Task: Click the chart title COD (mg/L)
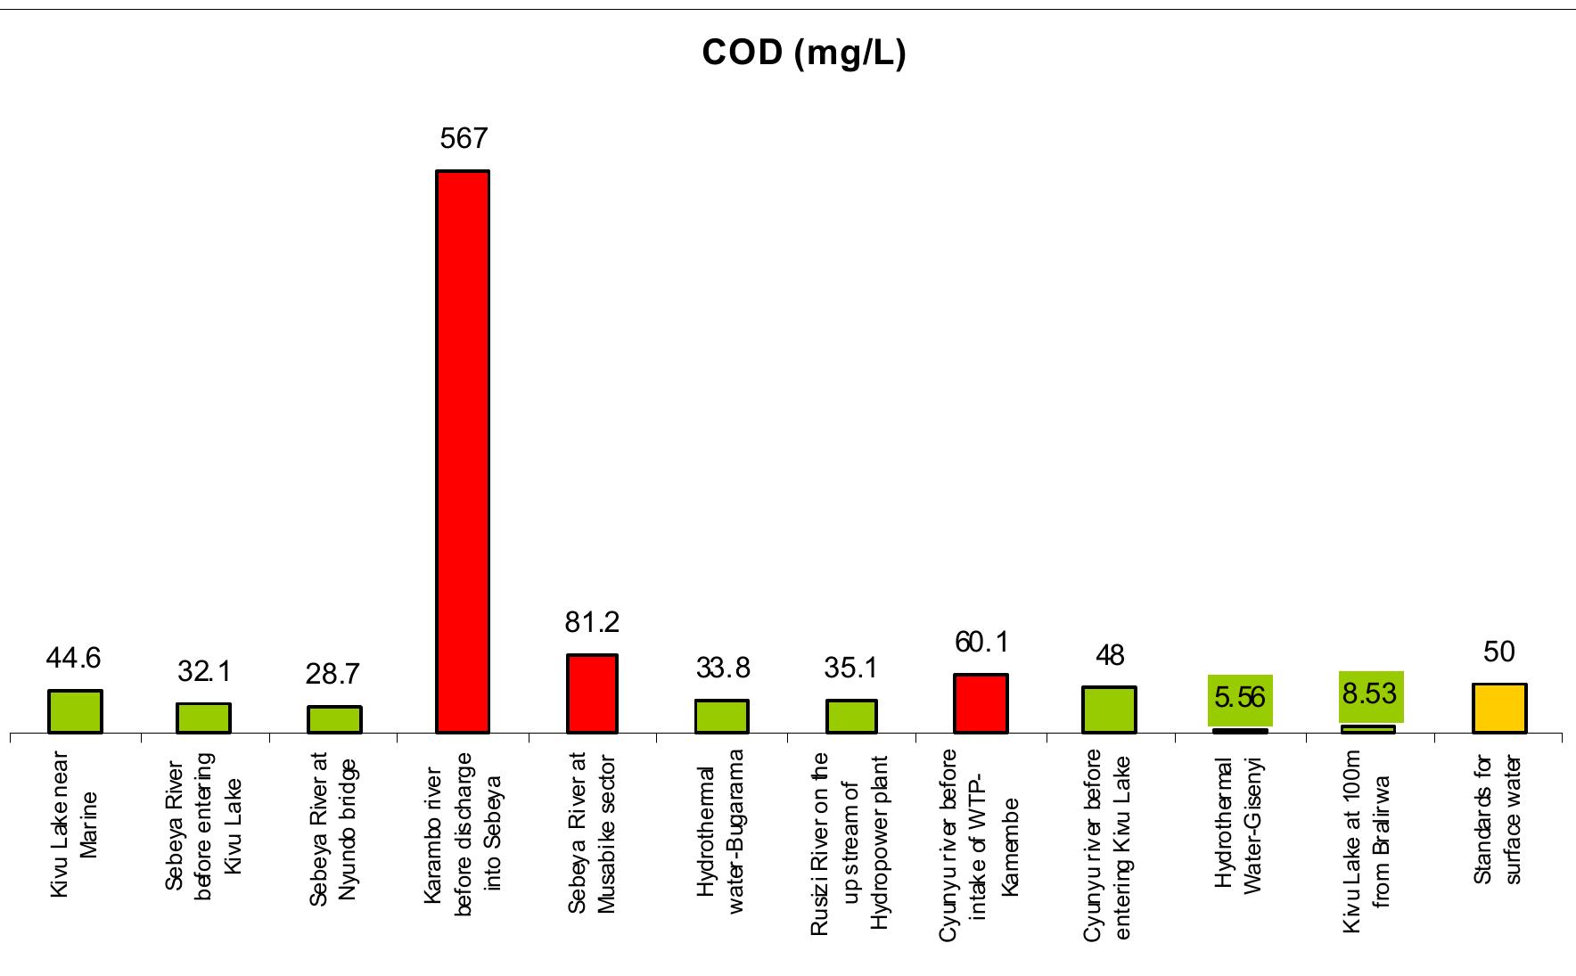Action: click(804, 53)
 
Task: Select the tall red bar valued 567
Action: click(463, 451)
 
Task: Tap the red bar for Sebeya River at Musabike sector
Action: click(592, 693)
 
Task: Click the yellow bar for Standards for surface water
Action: click(1499, 709)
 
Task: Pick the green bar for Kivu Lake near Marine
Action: click(75, 711)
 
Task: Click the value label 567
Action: click(464, 138)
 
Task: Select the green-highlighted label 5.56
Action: click(1240, 698)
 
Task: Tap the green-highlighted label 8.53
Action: click(1370, 693)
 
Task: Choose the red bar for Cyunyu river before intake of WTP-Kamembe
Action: click(981, 703)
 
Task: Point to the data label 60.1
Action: click(981, 643)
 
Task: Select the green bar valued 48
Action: click(1109, 709)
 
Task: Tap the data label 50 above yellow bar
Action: click(1499, 652)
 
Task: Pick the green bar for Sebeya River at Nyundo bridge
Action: click(334, 719)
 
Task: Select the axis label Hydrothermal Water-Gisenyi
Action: click(1239, 824)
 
